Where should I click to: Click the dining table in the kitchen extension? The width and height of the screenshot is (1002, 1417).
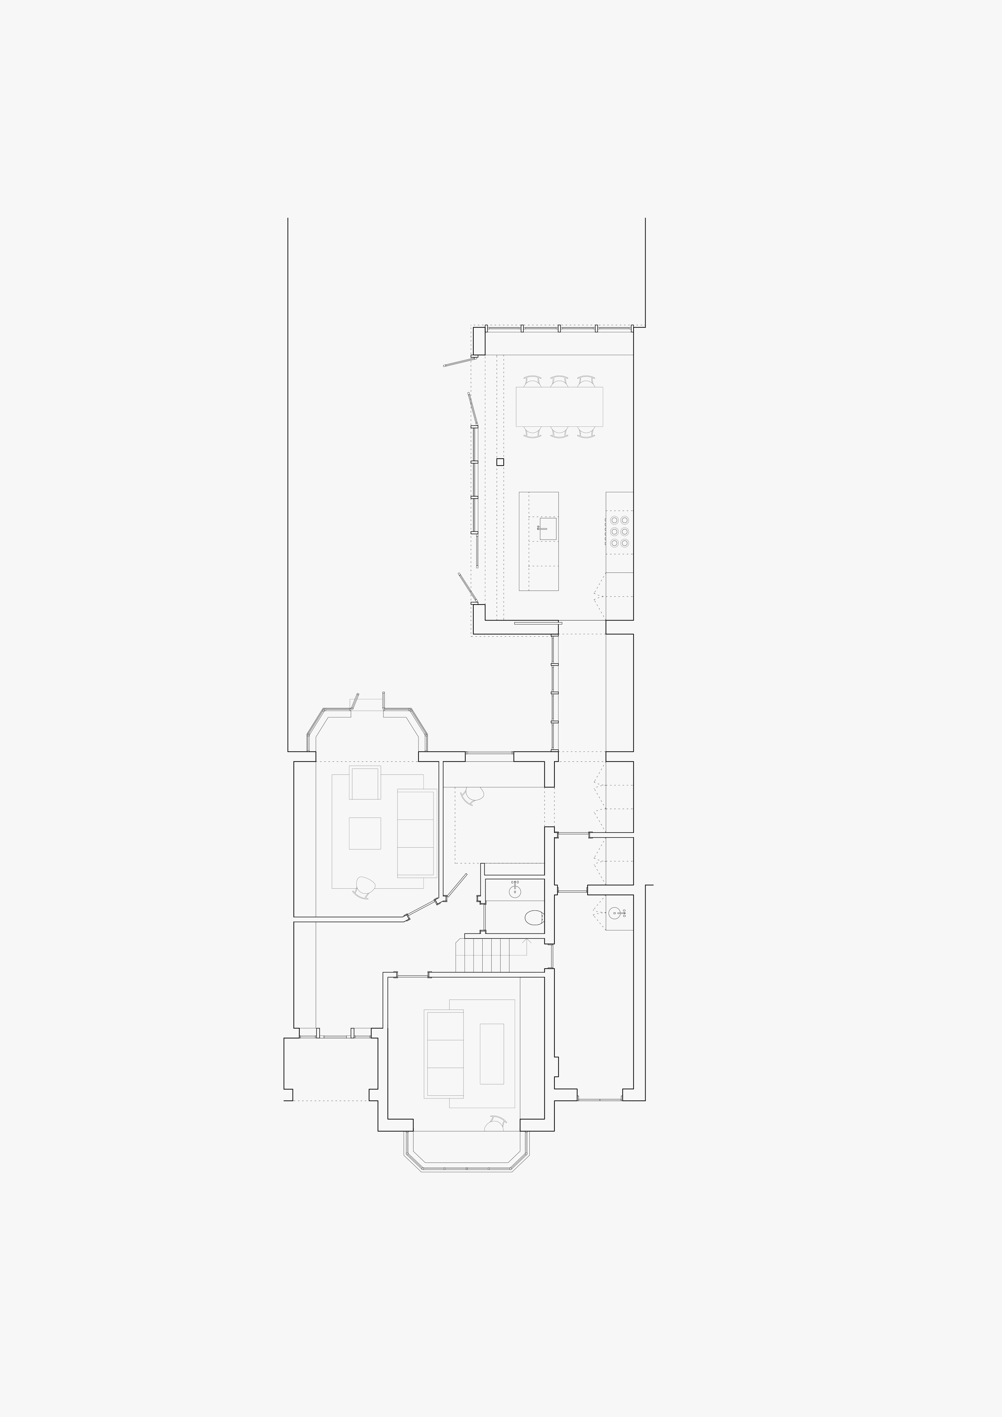pyautogui.click(x=559, y=406)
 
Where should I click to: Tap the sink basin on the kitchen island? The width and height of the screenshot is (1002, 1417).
pyautogui.click(x=548, y=529)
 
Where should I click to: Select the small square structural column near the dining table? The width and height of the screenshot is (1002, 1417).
pyautogui.click(x=500, y=462)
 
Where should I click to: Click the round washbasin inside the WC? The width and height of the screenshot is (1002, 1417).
pyautogui.click(x=515, y=891)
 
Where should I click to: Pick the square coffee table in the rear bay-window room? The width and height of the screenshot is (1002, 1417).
pyautogui.click(x=365, y=833)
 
